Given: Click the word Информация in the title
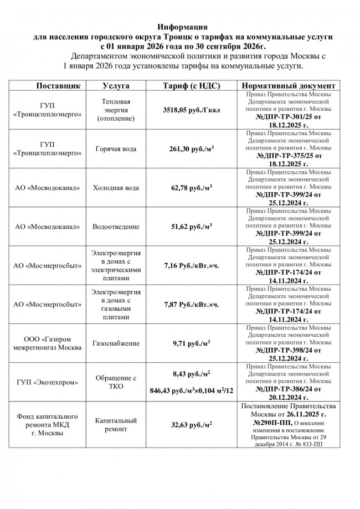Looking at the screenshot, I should click(182, 27).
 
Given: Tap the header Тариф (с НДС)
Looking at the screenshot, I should click(192, 86).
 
